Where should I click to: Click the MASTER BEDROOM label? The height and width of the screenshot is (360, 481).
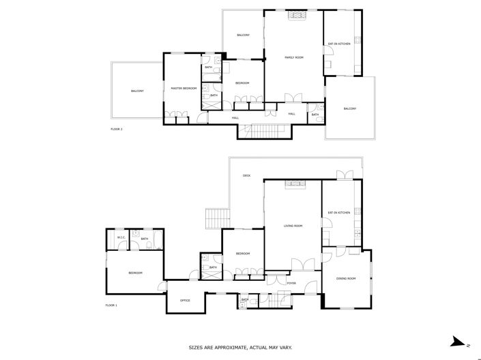click(184, 89)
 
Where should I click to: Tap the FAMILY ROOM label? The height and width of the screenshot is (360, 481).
click(293, 57)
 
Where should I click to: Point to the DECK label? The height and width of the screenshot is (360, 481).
click(246, 176)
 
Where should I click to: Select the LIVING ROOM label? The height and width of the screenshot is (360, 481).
click(293, 226)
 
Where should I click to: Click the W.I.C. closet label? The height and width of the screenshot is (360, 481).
click(120, 238)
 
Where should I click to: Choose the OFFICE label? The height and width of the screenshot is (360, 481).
click(185, 300)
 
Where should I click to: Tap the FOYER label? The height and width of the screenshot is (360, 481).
click(291, 283)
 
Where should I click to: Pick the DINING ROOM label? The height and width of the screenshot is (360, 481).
click(347, 278)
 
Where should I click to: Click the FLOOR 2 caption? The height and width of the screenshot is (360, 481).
click(117, 129)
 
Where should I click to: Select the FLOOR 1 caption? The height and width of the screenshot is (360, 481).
click(111, 305)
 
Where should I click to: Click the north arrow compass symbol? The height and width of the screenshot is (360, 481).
click(458, 342)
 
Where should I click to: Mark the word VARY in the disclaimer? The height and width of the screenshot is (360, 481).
click(285, 347)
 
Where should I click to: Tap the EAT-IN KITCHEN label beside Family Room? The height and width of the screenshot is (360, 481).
click(339, 44)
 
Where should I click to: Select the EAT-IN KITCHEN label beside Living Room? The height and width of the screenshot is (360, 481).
click(339, 213)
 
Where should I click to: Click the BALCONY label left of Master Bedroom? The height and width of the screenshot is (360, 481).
click(137, 91)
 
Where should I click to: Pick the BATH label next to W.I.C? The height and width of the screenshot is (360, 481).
click(145, 239)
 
